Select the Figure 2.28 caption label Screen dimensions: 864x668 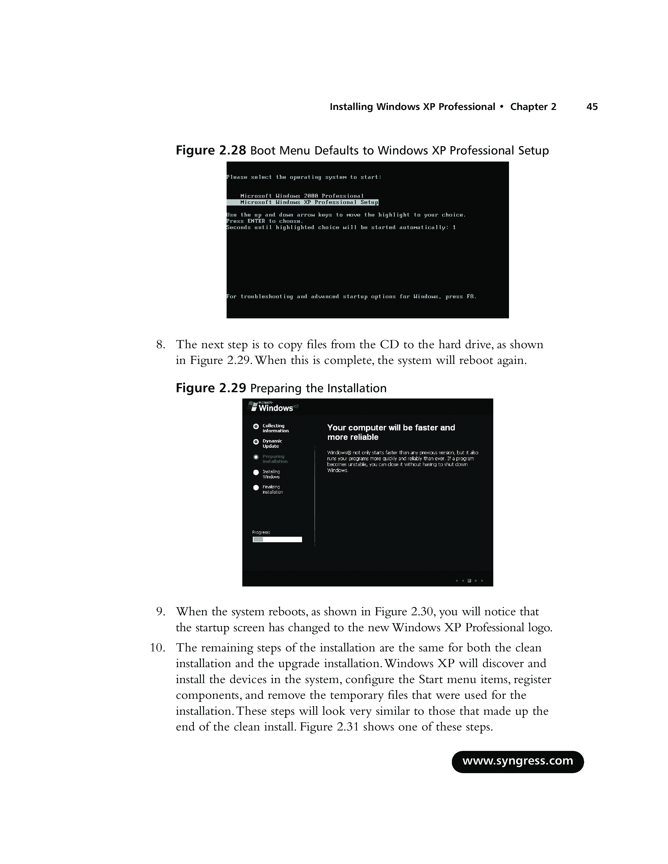pyautogui.click(x=211, y=151)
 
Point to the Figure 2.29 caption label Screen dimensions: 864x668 pyautogui.click(x=211, y=388)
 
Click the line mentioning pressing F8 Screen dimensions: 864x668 pyautogui.click(x=351, y=297)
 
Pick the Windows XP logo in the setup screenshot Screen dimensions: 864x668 pyautogui.click(x=273, y=407)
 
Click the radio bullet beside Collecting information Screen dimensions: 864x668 pyautogui.click(x=256, y=427)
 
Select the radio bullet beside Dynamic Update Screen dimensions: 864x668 pyautogui.click(x=256, y=442)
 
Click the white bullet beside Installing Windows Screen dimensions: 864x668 pyautogui.click(x=256, y=472)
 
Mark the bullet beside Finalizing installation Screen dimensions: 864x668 pyautogui.click(x=256, y=488)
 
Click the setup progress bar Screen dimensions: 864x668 pyautogui.click(x=277, y=540)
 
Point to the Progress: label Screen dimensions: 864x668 pyautogui.click(x=261, y=533)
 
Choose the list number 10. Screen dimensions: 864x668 pyautogui.click(x=157, y=647)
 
